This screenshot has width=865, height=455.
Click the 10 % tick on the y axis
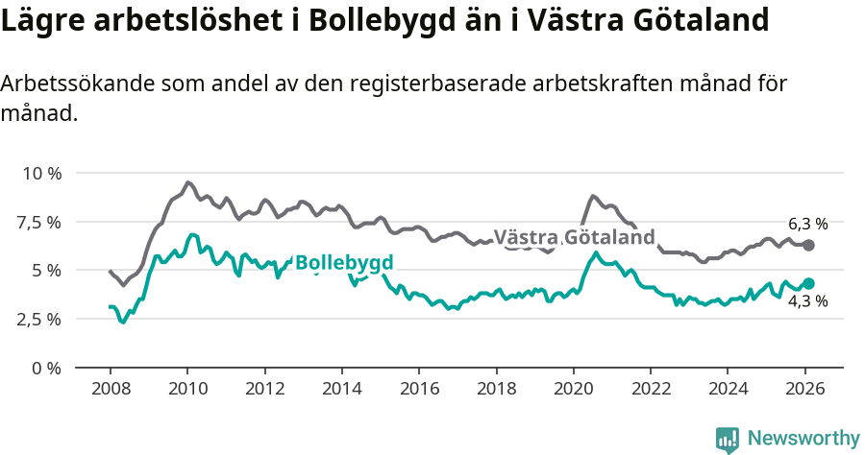point(41,174)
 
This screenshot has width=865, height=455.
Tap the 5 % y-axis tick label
point(46,271)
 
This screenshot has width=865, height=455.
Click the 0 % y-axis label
point(46,368)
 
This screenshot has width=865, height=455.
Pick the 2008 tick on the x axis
point(110,391)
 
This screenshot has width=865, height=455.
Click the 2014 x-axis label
point(341,391)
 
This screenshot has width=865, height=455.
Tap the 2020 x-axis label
point(573,391)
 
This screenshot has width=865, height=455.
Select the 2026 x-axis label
point(804,391)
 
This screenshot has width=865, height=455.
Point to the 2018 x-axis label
point(496,391)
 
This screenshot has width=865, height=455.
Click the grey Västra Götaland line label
point(574,237)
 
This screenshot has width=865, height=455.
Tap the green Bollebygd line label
point(343,263)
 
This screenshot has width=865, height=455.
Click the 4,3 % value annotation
point(807,301)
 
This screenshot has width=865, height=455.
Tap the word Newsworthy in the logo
point(803,438)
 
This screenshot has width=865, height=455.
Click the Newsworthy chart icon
point(728,439)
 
